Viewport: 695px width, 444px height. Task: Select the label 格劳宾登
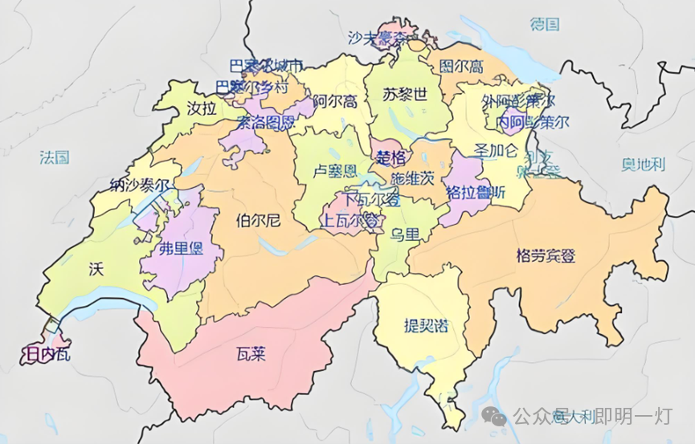click(546, 255)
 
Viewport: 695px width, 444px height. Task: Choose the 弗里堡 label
click(181, 248)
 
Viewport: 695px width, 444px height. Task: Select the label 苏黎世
click(406, 94)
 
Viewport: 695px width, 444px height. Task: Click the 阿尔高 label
click(335, 100)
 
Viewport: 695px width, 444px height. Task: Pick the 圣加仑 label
click(497, 149)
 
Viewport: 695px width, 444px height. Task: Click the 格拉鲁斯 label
click(476, 193)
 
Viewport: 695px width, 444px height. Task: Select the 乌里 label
click(404, 234)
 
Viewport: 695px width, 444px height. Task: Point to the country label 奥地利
click(644, 164)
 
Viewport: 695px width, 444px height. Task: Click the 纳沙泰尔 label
click(141, 185)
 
